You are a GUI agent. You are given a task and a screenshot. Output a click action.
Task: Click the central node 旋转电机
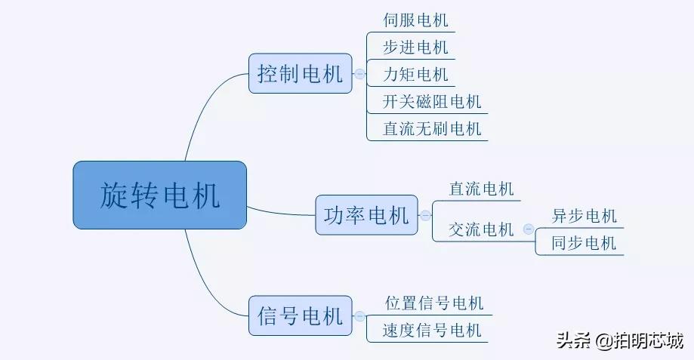tap(160, 195)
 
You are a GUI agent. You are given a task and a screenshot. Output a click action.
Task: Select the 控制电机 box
tap(300, 73)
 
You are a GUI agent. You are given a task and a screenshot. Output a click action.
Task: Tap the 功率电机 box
tap(366, 216)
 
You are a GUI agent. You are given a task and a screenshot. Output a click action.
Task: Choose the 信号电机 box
tap(300, 315)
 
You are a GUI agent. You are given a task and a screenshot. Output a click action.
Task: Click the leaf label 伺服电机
tap(415, 20)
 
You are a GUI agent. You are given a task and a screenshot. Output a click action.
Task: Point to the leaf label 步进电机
tap(415, 48)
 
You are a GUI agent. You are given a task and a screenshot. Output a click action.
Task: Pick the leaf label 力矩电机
tap(415, 75)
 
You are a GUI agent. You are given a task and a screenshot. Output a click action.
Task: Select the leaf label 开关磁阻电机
tap(432, 101)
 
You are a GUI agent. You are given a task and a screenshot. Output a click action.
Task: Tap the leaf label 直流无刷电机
tap(432, 128)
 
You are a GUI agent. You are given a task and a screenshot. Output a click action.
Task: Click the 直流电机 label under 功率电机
tap(481, 189)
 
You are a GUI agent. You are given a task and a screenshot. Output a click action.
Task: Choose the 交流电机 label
tap(481, 229)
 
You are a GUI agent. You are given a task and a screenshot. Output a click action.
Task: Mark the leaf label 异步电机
tap(584, 216)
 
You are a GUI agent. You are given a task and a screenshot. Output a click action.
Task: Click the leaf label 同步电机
tap(584, 243)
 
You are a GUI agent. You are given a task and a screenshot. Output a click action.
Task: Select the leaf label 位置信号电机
tap(433, 303)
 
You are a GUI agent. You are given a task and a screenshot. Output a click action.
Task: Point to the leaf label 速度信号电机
tap(432, 331)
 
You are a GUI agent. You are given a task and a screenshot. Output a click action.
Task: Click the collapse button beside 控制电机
tap(359, 74)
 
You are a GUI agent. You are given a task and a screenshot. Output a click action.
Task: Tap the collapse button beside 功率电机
tap(425, 217)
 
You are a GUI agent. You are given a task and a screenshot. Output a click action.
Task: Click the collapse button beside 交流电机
tap(528, 229)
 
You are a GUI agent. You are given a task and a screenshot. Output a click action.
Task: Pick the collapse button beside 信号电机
tap(359, 316)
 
